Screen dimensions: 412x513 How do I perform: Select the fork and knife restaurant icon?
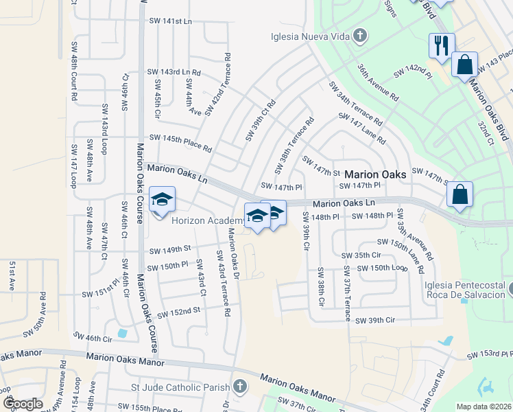(x=440, y=46)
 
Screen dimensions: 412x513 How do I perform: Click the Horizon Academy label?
(x=207, y=220)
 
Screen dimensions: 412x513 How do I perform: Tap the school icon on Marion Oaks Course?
(x=162, y=201)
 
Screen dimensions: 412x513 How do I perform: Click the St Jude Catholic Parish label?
(x=180, y=388)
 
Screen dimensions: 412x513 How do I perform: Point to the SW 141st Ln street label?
(x=169, y=21)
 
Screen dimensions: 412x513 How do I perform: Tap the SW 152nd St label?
(x=178, y=312)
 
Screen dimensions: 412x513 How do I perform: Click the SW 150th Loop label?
(x=383, y=268)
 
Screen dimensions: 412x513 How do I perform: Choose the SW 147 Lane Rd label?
(x=362, y=128)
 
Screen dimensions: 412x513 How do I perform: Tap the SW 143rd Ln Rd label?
(x=174, y=72)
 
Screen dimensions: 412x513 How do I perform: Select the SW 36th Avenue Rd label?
(x=377, y=83)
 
